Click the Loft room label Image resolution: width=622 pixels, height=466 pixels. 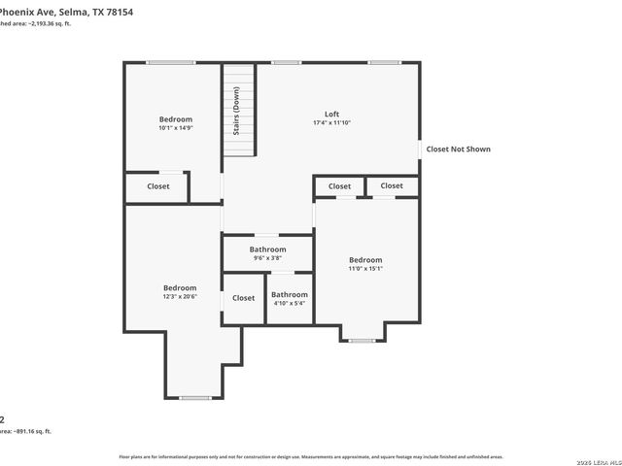pos(331,114)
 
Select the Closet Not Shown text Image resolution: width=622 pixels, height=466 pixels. pos(459,150)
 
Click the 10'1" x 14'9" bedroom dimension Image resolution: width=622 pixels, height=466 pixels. pos(176,128)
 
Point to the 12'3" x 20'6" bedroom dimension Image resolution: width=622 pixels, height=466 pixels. pos(180,297)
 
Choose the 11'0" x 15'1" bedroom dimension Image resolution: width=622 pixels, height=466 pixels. pos(365,269)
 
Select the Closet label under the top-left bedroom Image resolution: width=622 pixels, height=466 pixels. pos(158,186)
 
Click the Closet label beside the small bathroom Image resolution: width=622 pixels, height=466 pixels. pos(243,298)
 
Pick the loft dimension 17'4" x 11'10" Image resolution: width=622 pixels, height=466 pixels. pos(331,123)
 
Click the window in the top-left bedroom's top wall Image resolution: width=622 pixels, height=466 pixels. pos(170,63)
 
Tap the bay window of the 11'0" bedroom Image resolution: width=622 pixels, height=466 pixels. pos(363,341)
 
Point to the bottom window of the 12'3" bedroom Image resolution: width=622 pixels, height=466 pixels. pos(195,397)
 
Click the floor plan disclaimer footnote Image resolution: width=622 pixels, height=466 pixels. pos(311,456)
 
